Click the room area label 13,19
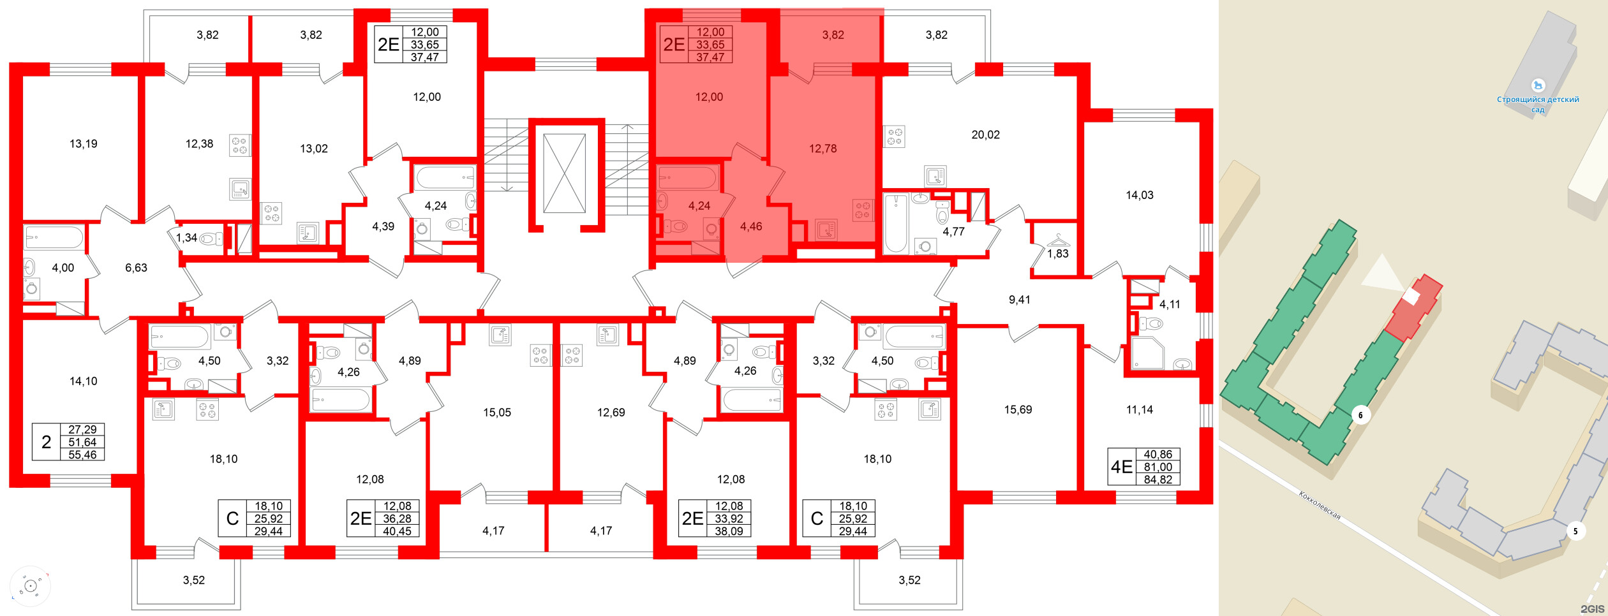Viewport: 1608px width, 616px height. tap(84, 144)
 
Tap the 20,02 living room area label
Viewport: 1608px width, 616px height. tap(985, 135)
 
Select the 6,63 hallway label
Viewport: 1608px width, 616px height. tap(136, 268)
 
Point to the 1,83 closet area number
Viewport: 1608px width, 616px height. tap(1057, 254)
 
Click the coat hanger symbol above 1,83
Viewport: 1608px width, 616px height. tap(1058, 240)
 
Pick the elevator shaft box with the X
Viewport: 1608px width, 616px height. tap(564, 173)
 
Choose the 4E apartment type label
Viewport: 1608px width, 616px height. tap(1121, 467)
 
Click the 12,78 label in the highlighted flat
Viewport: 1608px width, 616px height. tap(823, 149)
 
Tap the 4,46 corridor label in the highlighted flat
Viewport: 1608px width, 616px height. tap(751, 226)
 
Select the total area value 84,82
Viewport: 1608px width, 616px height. tap(1158, 480)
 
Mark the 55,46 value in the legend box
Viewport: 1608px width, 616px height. tap(82, 455)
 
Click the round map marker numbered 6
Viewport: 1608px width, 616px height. tap(1360, 415)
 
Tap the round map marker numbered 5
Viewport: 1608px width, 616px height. tap(1575, 531)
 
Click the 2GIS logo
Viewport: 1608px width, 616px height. tap(1591, 609)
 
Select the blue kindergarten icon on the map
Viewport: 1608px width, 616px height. tap(1538, 85)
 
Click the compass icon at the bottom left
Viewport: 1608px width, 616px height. tap(30, 585)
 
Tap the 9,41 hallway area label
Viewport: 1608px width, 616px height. tap(1019, 300)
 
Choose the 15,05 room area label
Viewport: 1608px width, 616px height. tap(496, 413)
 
